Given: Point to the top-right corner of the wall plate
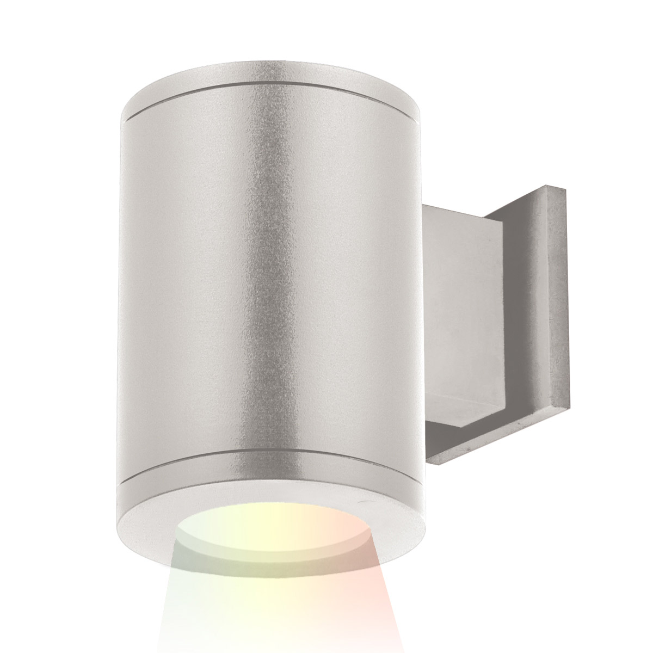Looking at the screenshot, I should [565, 189].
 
